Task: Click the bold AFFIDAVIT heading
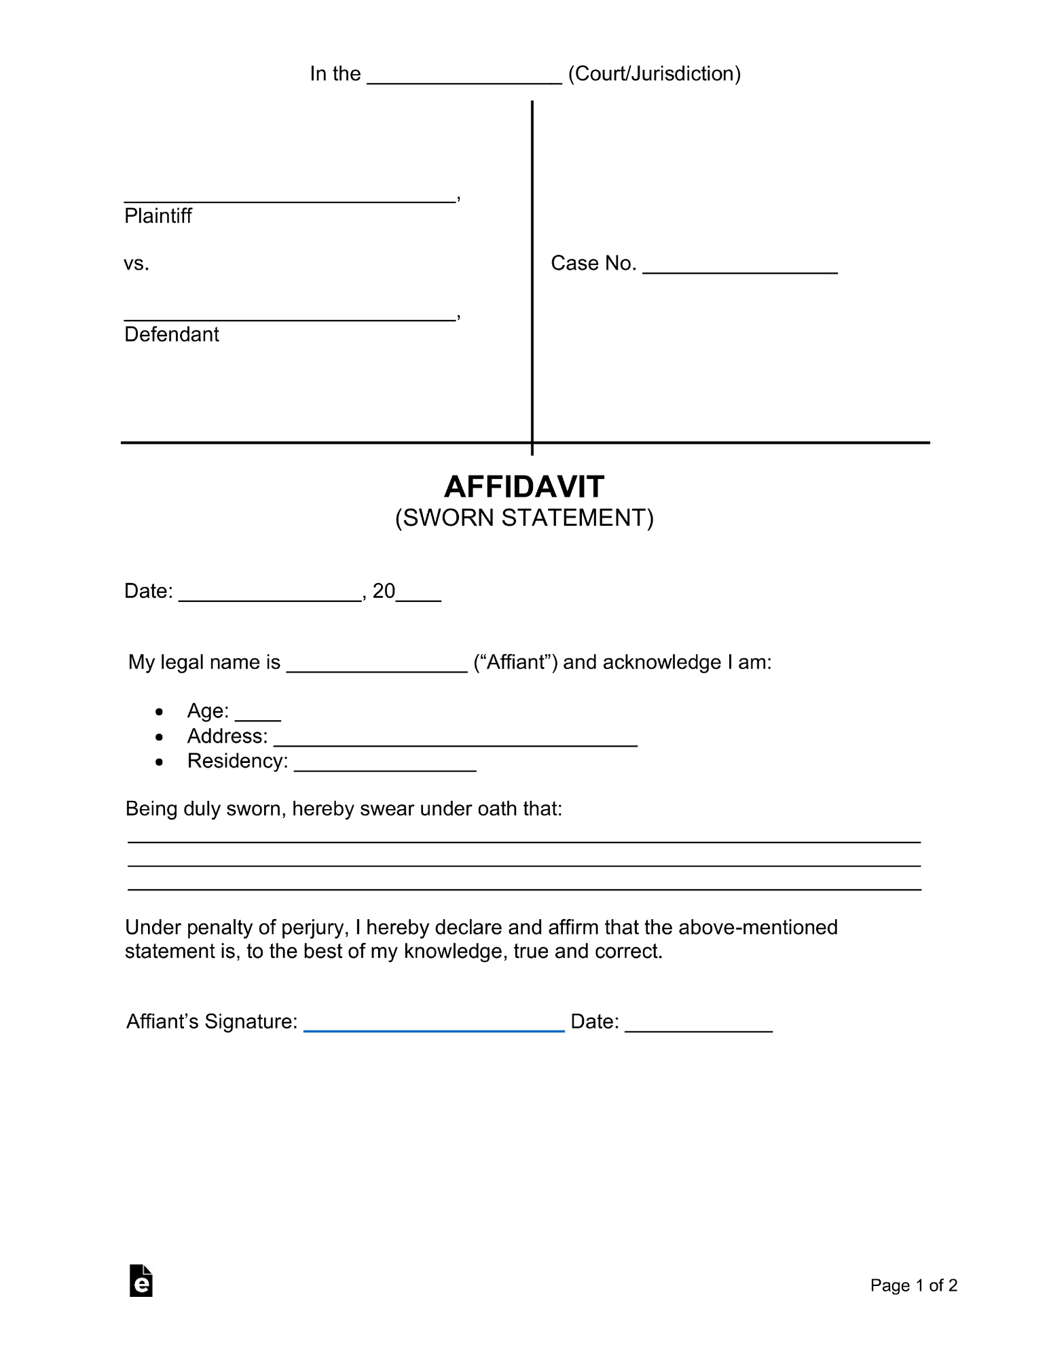(524, 487)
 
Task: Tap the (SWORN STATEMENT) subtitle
(524, 518)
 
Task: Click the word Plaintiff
(158, 216)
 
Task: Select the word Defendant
(171, 334)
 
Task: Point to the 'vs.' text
(136, 264)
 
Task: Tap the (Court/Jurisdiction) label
(654, 73)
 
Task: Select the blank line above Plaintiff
(289, 198)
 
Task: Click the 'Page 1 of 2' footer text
(913, 1285)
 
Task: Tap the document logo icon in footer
(141, 1281)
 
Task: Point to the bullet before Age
(159, 712)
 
